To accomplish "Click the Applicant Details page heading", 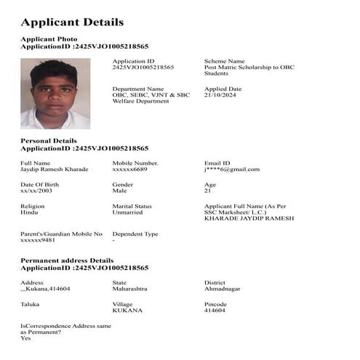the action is pos(72,23).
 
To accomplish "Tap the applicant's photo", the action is pos(55,93).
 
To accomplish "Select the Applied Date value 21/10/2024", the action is pos(220,95).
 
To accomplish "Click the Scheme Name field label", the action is pos(225,61).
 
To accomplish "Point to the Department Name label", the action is pos(138,89).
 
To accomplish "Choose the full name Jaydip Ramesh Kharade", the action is pos(55,169).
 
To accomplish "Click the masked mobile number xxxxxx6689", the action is pos(130,169).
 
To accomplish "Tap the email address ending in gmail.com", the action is pos(232,169).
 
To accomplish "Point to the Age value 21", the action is pos(208,191).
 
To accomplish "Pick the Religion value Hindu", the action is pos(30,212).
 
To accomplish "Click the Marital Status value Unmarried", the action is pos(128,212).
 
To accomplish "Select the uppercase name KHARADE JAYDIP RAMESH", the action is pos(249,218).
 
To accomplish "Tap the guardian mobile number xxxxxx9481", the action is pos(38,240).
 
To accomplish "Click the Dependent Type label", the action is pos(135,233).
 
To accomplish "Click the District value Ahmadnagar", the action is pos(223,289).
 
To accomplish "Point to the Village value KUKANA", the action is pos(127,311).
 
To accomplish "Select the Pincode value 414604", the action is pos(215,311).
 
